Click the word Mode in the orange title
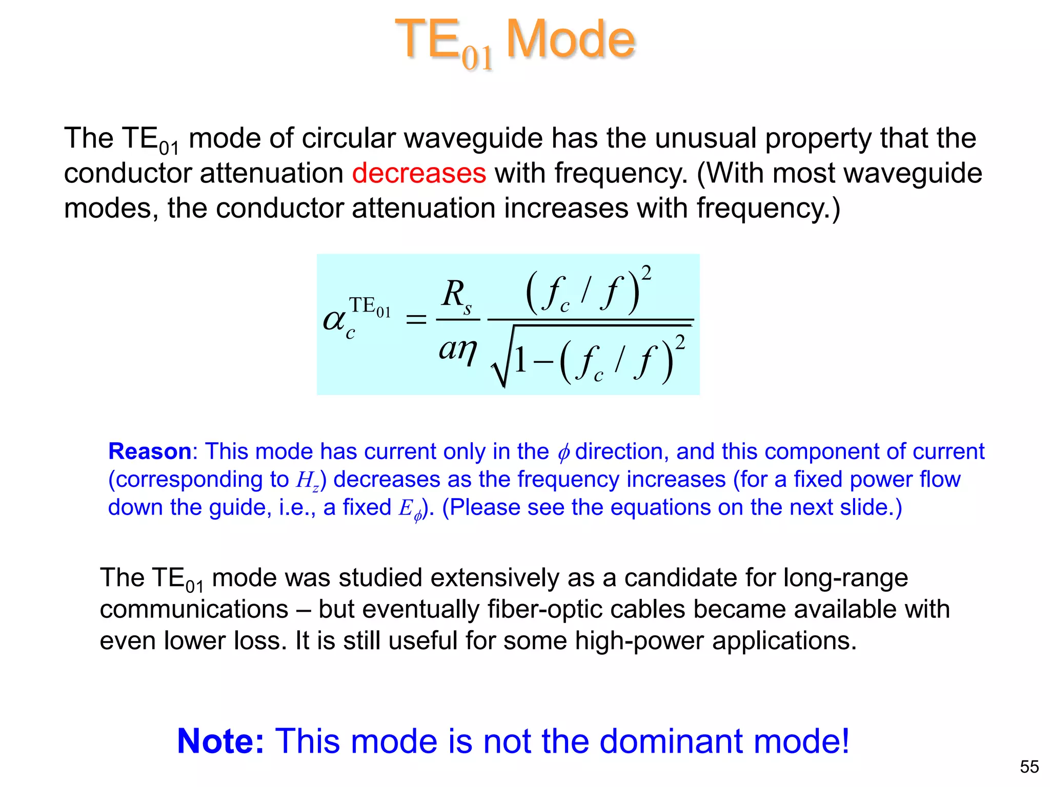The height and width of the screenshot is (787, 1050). pyautogui.click(x=570, y=39)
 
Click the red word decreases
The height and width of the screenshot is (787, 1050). pyautogui.click(x=419, y=173)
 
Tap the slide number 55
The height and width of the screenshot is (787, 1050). pyautogui.click(x=1029, y=767)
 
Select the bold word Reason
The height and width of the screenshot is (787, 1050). pyautogui.click(x=150, y=451)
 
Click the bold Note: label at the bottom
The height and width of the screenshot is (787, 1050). pyautogui.click(x=220, y=741)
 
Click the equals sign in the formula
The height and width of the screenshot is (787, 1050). pyautogui.click(x=416, y=320)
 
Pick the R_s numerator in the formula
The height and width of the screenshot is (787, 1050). pyautogui.click(x=456, y=296)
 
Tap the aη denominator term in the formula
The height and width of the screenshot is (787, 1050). pyautogui.click(x=458, y=349)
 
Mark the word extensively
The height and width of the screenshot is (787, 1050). pyautogui.click(x=495, y=577)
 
